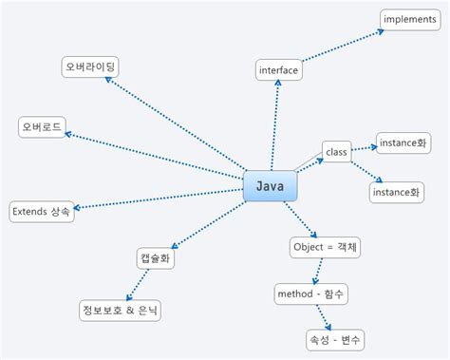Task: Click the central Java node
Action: coord(271,186)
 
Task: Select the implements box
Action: coord(409,18)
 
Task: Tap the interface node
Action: coord(278,69)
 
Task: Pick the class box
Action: coord(336,151)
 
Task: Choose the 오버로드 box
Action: coord(44,128)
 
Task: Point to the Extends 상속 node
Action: coord(42,211)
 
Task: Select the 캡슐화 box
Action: coord(156,256)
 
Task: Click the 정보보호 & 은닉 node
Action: coord(121,310)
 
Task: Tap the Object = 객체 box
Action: coord(326,247)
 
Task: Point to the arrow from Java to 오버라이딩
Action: coord(175,126)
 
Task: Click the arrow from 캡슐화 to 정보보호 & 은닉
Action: coord(139,283)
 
